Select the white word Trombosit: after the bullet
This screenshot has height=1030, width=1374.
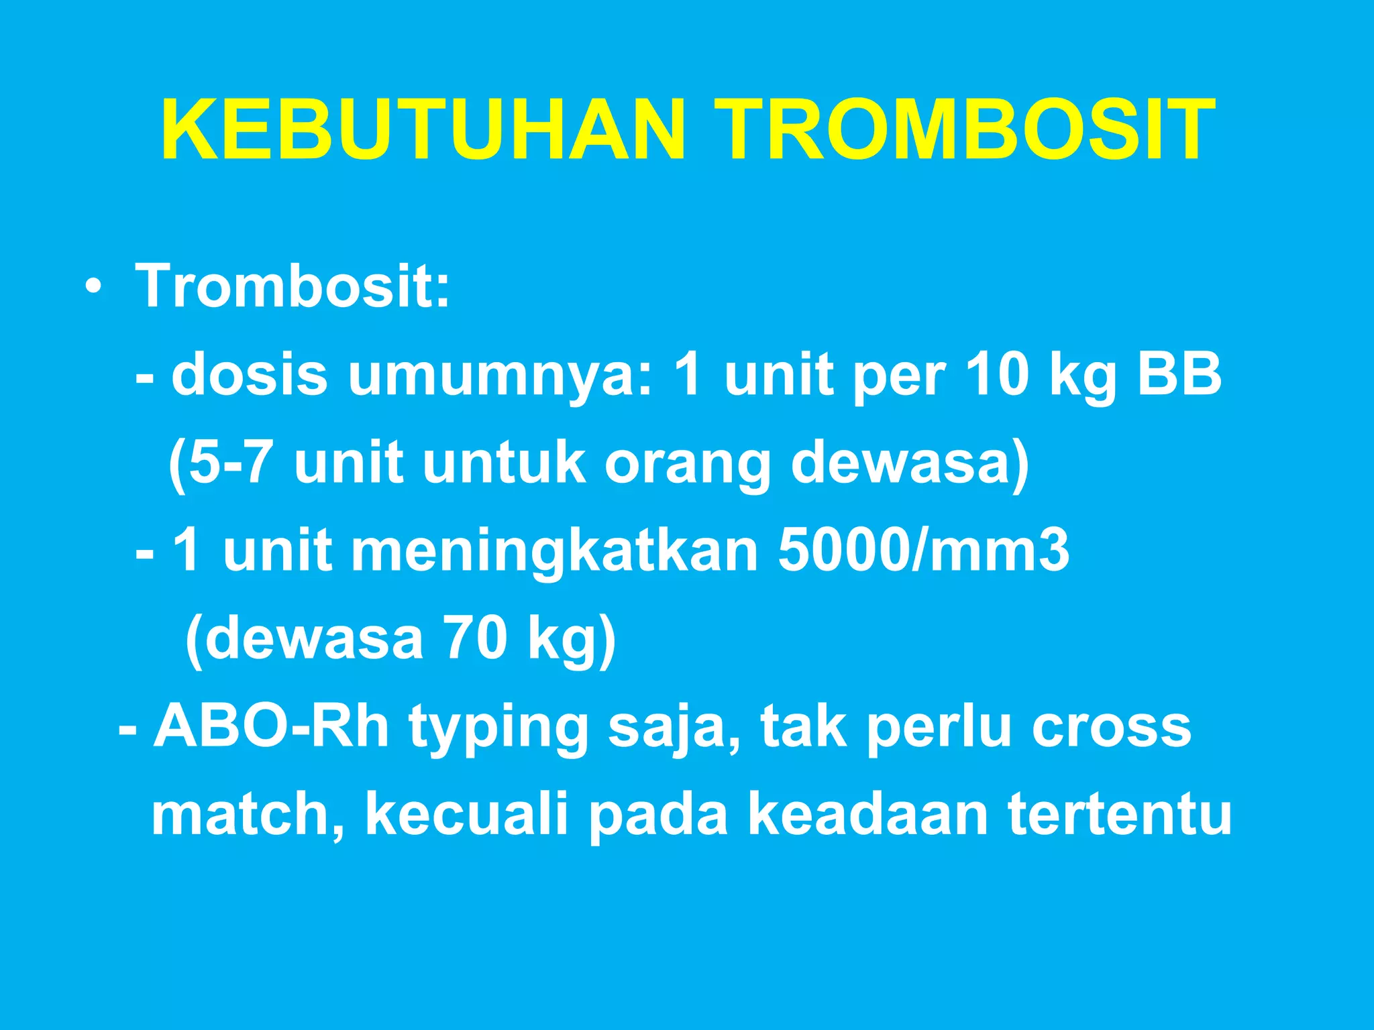tap(293, 287)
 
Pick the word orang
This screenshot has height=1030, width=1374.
tap(688, 464)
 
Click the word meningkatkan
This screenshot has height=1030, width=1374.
tap(554, 552)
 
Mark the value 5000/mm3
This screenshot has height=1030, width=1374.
tap(923, 551)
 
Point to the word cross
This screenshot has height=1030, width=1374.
tap(1111, 728)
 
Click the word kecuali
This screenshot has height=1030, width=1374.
tap(467, 815)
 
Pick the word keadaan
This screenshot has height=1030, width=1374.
tap(867, 815)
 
